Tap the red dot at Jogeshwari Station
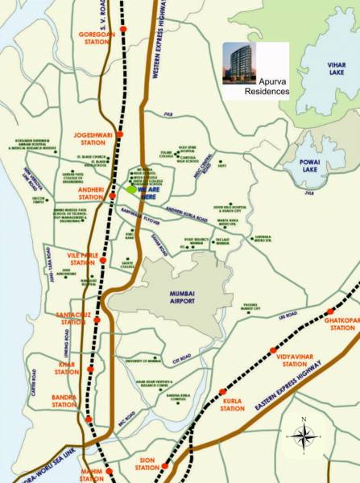(120, 133)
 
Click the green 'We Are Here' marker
(130, 189)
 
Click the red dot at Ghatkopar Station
(329, 312)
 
